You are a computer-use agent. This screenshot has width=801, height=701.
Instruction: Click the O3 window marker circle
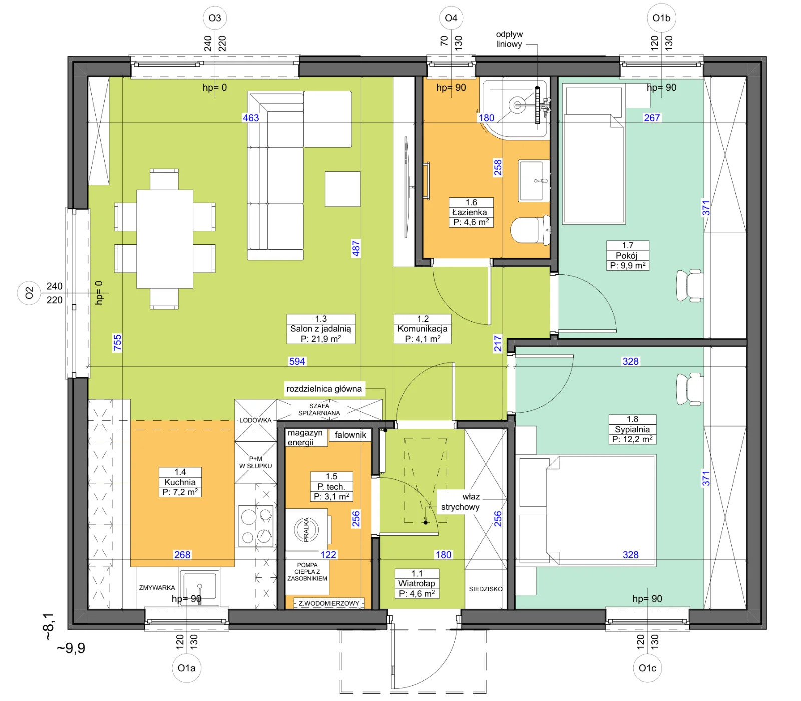pyautogui.click(x=215, y=18)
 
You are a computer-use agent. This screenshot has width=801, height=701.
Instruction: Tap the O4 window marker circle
pyautogui.click(x=451, y=18)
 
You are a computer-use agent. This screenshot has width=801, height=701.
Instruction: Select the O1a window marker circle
pyautogui.click(x=187, y=668)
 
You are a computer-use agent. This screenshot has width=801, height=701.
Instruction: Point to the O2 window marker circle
pyautogui.click(x=29, y=293)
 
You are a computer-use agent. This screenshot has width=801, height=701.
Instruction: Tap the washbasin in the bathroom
pyautogui.click(x=534, y=181)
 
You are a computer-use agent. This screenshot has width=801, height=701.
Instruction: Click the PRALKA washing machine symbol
pyautogui.click(x=306, y=530)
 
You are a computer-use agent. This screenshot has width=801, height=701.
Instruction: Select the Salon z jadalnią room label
pyautogui.click(x=321, y=329)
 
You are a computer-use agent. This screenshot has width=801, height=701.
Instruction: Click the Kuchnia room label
pyautogui.click(x=180, y=482)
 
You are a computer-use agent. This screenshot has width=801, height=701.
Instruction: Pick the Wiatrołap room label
pyautogui.click(x=417, y=584)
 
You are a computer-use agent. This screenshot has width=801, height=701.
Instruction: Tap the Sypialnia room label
pyautogui.click(x=632, y=429)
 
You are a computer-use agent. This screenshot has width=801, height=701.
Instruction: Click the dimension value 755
pyautogui.click(x=117, y=343)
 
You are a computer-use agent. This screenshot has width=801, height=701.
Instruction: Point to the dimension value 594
pyautogui.click(x=297, y=361)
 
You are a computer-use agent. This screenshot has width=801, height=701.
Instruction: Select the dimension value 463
pyautogui.click(x=251, y=118)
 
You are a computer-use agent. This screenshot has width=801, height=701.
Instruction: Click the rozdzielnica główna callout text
pyautogui.click(x=324, y=389)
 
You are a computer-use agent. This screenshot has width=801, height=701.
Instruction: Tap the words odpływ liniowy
pyautogui.click(x=509, y=39)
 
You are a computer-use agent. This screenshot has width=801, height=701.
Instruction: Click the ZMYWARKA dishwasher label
pyautogui.click(x=157, y=588)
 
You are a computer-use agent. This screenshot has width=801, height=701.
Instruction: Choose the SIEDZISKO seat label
pyautogui.click(x=486, y=589)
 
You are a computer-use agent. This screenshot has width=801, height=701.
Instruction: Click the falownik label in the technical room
pyautogui.click(x=350, y=435)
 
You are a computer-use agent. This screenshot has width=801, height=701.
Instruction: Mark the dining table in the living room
pyautogui.click(x=165, y=239)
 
